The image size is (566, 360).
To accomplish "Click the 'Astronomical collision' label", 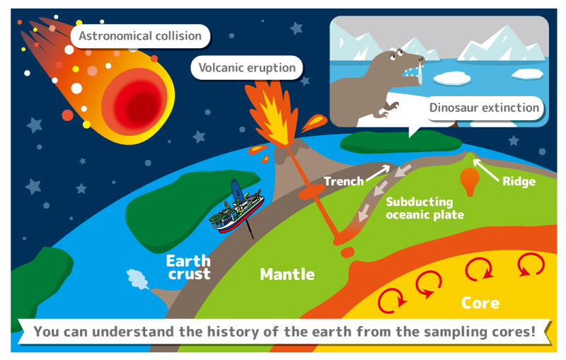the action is pos(140,36).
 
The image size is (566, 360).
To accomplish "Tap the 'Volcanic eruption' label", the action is pos(247,68).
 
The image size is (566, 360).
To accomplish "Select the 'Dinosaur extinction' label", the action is pos(484,108).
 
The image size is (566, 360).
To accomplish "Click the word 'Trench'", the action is pos(344,181).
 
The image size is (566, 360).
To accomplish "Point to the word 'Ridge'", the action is pos(519,182).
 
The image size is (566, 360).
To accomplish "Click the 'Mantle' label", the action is pos(287,274).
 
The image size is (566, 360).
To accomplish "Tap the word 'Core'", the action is pos(480,303).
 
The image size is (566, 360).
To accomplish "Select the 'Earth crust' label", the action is pos(188,267).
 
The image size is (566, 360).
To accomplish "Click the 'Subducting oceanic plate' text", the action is pos(424,208).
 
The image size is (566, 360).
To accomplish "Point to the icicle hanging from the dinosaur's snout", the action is pos(420,74).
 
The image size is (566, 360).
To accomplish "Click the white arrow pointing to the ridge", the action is pos(486,170).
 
